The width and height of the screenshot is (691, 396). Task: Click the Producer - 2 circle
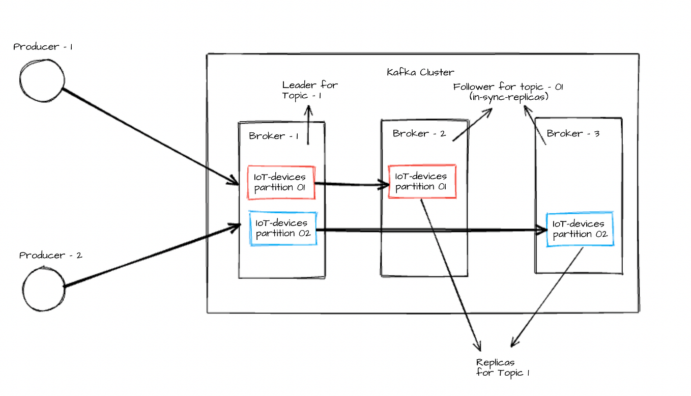44,288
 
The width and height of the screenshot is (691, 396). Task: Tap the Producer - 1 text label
43,47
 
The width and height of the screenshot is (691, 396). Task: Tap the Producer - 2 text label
50,256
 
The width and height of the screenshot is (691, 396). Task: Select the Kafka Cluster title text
420,72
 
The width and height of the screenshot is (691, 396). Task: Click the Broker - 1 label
273,136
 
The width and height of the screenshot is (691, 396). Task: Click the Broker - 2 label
419,133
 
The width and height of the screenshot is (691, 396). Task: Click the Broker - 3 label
573,133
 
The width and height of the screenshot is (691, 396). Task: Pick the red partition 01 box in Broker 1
281,182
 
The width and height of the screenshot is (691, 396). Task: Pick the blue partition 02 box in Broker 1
283,229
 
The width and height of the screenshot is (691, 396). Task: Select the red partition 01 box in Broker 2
421,181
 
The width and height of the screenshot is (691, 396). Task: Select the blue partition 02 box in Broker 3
580,229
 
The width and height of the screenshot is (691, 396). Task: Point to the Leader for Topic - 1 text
309,90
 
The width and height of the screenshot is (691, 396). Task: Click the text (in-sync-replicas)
508,96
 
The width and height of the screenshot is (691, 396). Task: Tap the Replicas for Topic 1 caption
503,367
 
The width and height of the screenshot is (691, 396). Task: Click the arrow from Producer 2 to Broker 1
153,255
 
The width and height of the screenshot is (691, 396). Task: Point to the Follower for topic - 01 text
508,87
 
